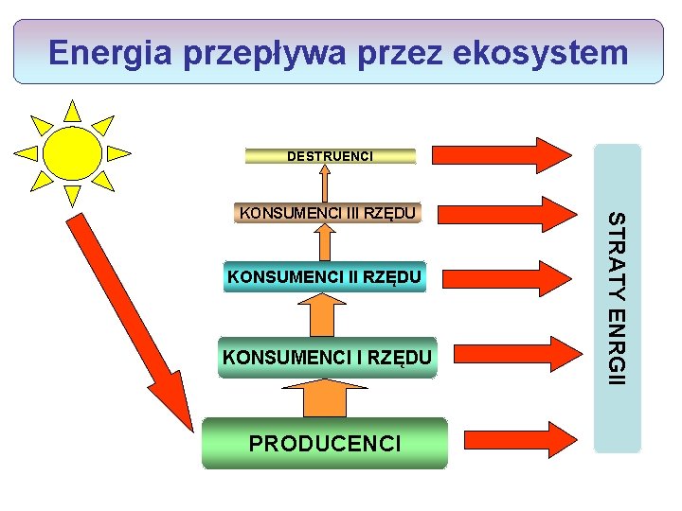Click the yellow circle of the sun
point(72,152)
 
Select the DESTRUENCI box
point(330,155)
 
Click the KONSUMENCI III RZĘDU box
point(327,212)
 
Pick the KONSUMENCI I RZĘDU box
point(327,357)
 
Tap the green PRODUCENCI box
point(324,443)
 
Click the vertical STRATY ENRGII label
point(617,298)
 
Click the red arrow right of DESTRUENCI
point(502,154)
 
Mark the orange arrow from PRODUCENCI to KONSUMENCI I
point(325,397)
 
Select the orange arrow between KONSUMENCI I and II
point(325,313)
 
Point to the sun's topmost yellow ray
point(72,111)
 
